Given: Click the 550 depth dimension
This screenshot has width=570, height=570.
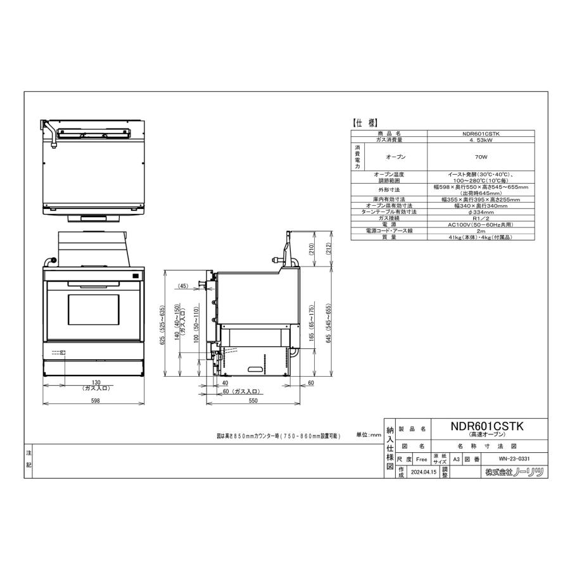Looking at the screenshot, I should point(252,402).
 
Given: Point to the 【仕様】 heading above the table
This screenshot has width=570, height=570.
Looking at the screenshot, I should point(365,123).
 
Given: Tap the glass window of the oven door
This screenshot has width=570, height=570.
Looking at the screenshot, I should point(92,310).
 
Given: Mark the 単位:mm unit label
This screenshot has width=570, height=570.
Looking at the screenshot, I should point(369,435).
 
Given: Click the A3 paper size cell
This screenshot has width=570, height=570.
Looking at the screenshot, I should point(456,459).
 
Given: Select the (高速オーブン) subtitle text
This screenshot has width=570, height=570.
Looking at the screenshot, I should point(486,436).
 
